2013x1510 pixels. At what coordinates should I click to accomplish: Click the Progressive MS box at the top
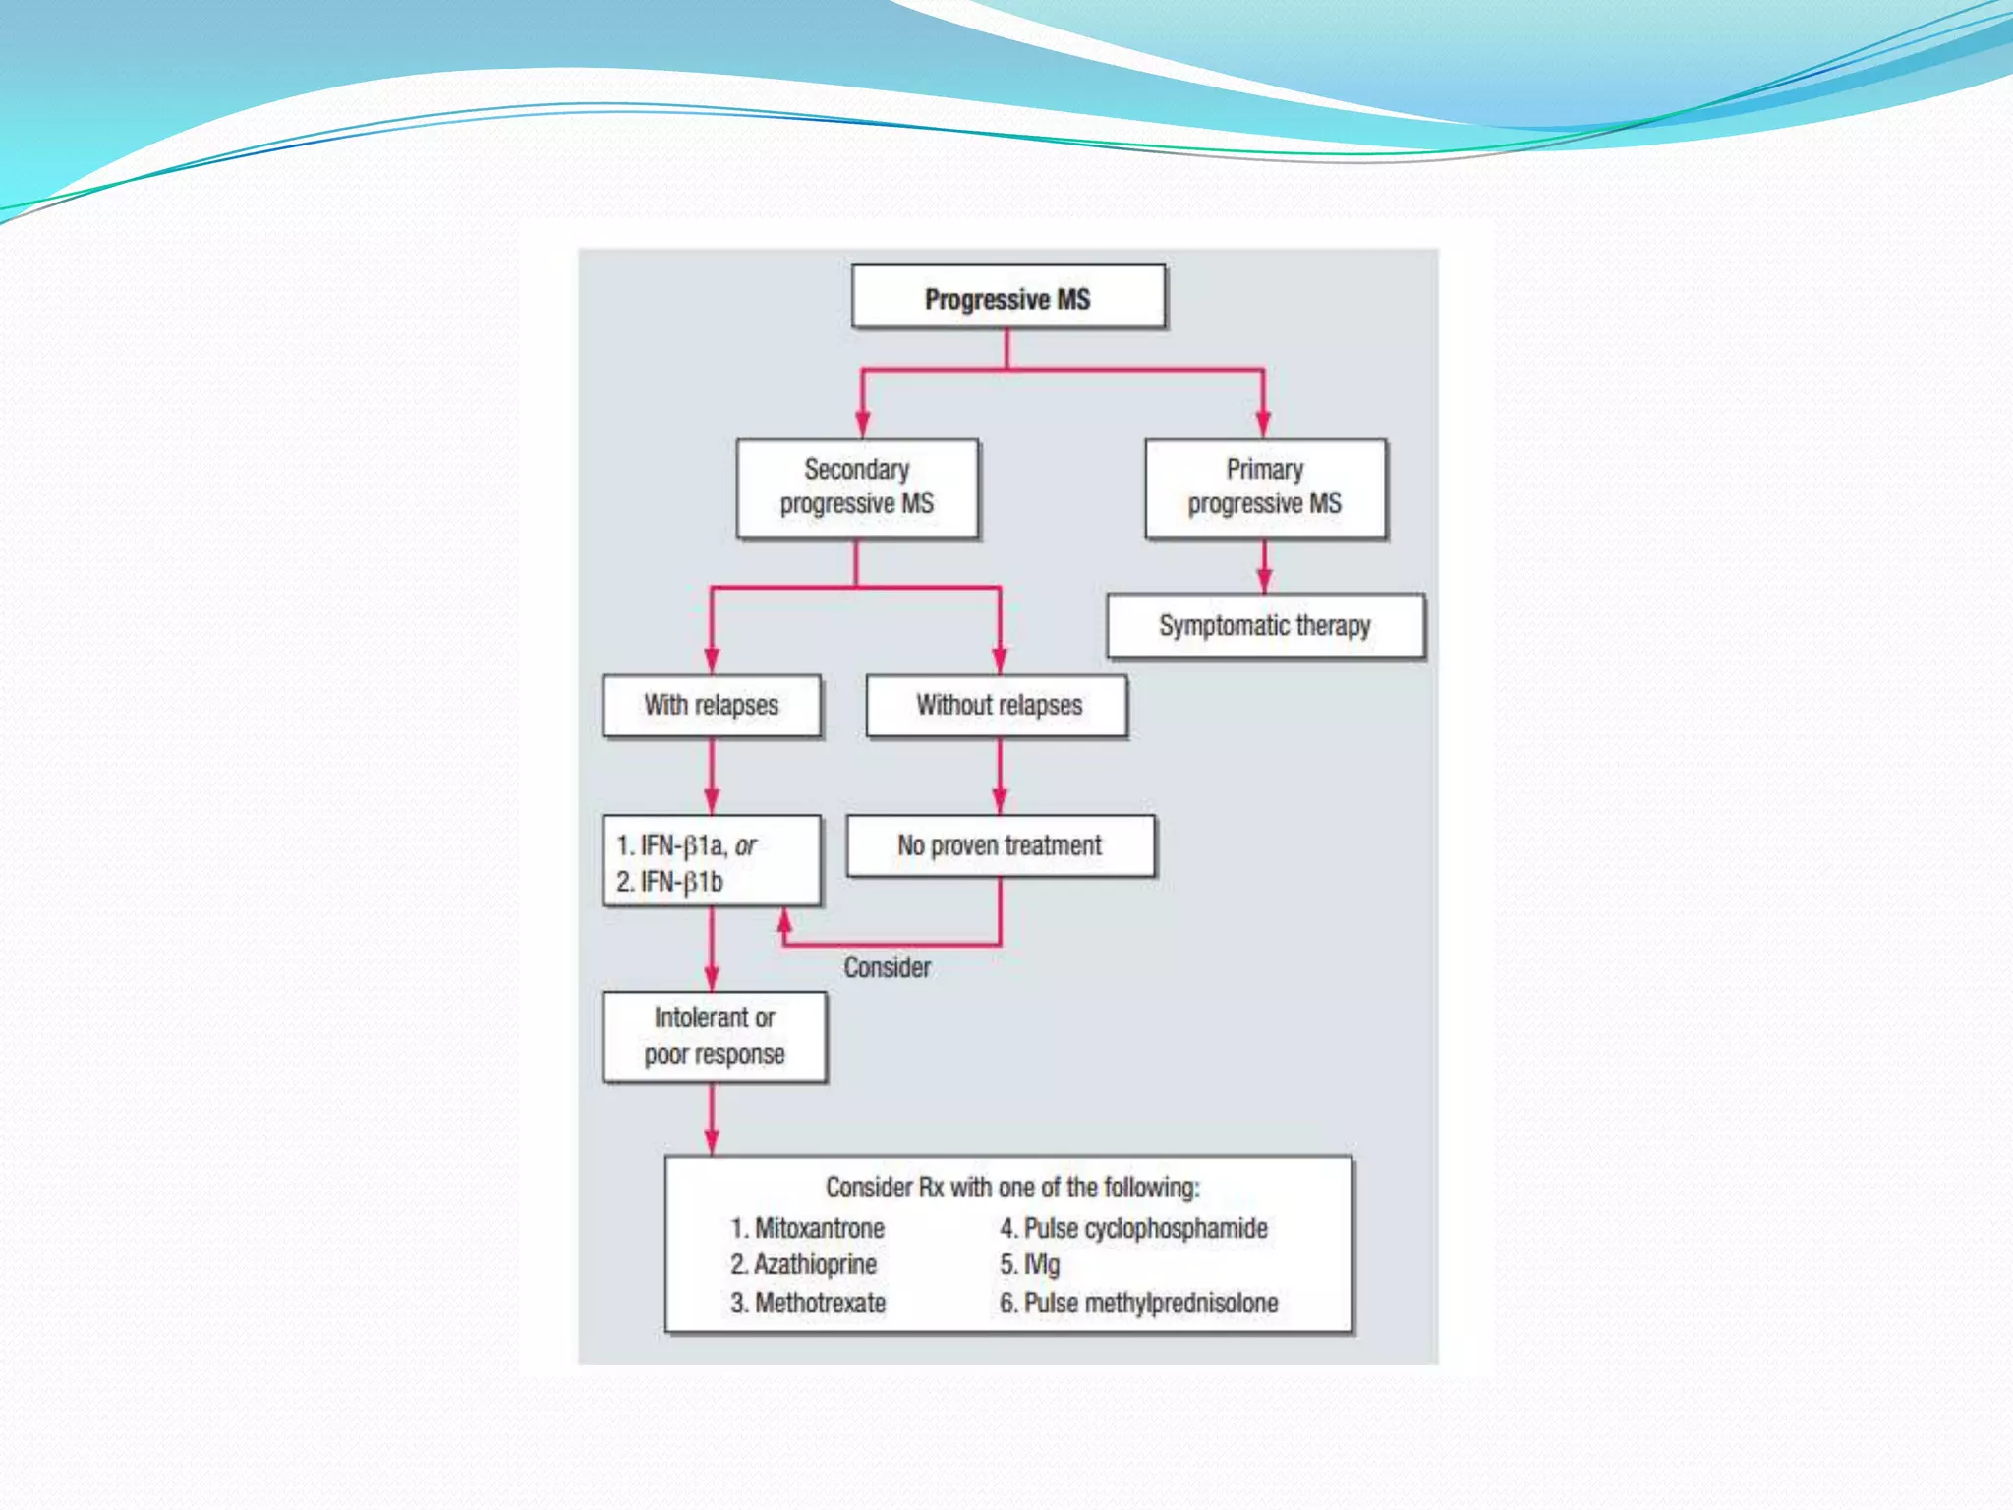[x=1007, y=298]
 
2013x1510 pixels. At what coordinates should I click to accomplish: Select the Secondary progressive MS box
[x=857, y=488]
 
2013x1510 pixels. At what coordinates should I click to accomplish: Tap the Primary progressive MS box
[x=1265, y=488]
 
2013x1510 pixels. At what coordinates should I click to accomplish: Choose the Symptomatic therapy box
[x=1265, y=626]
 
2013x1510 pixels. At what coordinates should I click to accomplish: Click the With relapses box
[x=712, y=706]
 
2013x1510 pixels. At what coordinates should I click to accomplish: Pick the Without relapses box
[x=998, y=706]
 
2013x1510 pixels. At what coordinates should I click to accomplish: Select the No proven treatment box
[x=1000, y=845]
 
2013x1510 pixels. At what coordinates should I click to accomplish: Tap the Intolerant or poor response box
[x=715, y=1036]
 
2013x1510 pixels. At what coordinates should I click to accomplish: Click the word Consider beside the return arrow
[x=887, y=967]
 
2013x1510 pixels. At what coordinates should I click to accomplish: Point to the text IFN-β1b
[x=681, y=882]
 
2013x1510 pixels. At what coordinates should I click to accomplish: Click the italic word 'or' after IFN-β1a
[x=745, y=845]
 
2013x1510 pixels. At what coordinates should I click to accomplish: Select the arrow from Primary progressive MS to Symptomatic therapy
[x=1264, y=567]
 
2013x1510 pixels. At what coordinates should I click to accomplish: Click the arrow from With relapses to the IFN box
[x=712, y=777]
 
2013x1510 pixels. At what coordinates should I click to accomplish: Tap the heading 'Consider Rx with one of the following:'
[x=1012, y=1188]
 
